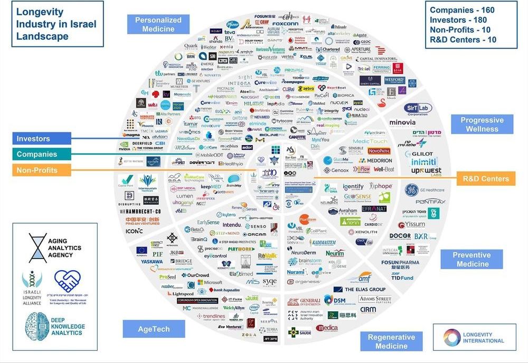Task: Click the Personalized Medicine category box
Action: (158, 24)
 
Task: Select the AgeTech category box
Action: (154, 329)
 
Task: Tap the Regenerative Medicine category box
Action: (391, 341)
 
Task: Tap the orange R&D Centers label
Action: (485, 178)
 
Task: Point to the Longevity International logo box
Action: (474, 337)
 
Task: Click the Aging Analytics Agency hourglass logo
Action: (38, 247)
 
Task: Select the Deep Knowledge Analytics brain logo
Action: (40, 326)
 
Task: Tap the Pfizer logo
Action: (233, 25)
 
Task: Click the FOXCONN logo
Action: (285, 23)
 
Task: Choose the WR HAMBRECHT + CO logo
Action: (140, 211)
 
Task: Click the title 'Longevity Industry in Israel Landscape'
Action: (56, 24)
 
